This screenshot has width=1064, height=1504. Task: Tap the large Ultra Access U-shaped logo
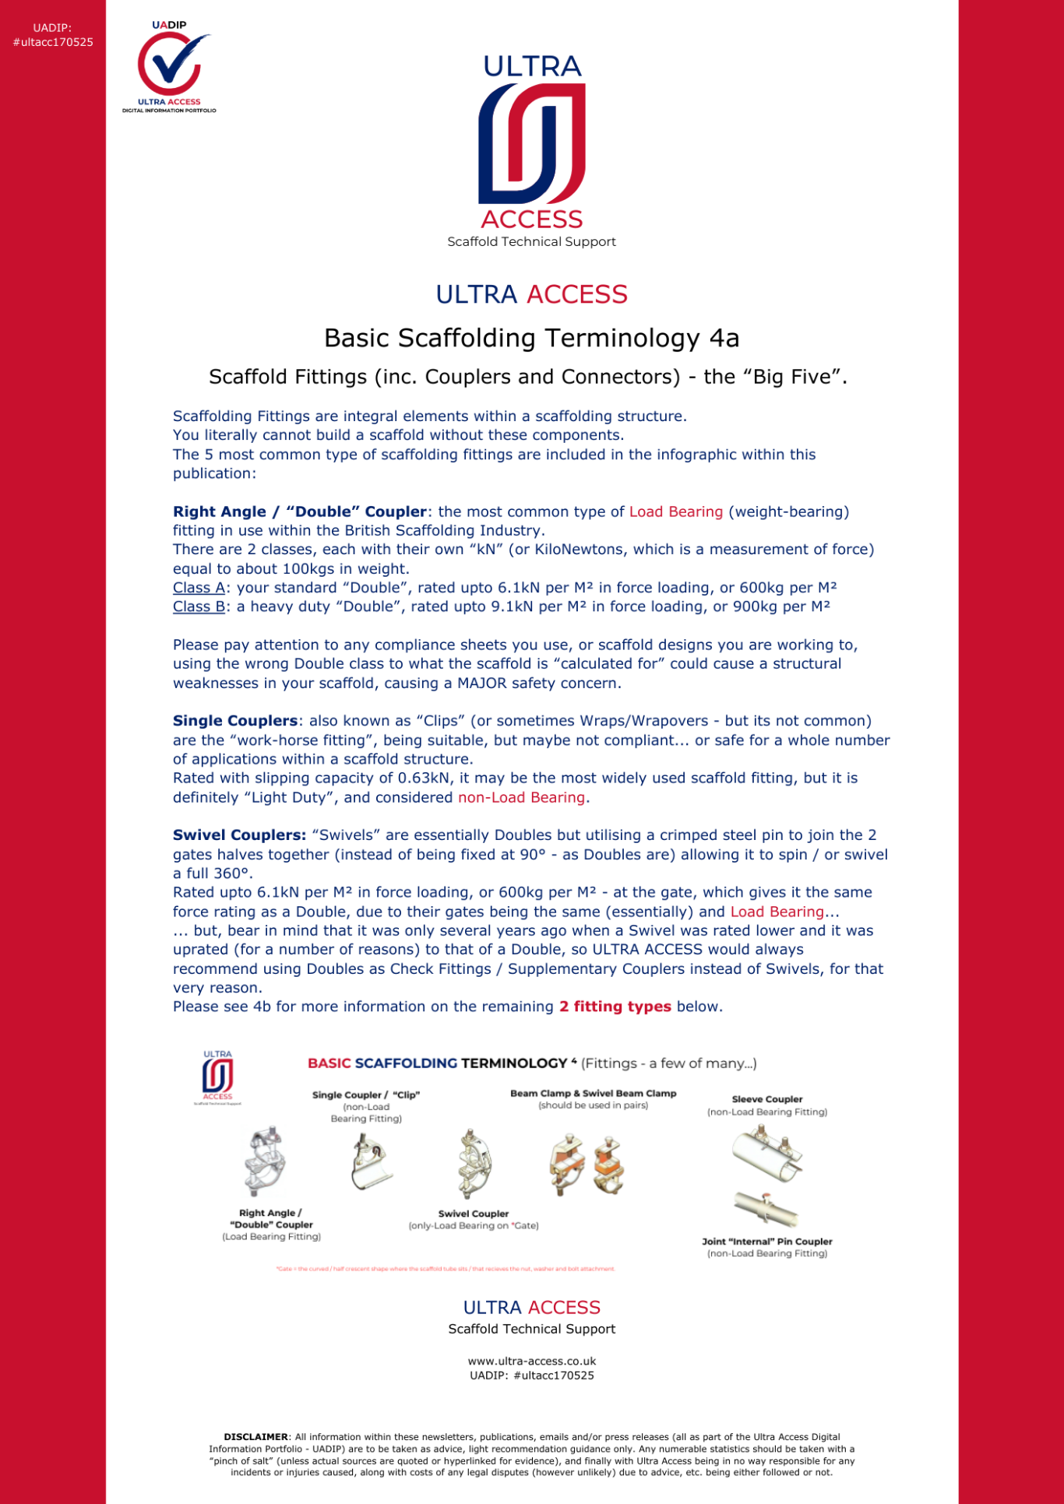click(x=532, y=145)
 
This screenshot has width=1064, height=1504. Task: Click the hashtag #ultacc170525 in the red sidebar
click(x=53, y=42)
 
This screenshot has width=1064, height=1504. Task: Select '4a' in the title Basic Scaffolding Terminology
click(x=724, y=338)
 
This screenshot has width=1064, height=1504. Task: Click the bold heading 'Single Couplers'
click(x=235, y=721)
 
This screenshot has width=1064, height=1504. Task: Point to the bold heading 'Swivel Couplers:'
click(x=239, y=835)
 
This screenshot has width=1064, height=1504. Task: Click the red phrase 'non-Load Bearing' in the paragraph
click(x=521, y=797)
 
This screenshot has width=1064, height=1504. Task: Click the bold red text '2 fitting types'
click(x=615, y=1007)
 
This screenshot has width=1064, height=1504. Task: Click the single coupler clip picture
click(x=369, y=1160)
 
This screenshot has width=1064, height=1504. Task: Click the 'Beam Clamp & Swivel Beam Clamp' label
click(x=593, y=1093)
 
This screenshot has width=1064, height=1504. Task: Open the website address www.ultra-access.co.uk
click(x=532, y=1362)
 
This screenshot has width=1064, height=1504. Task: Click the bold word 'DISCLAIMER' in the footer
click(x=255, y=1437)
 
